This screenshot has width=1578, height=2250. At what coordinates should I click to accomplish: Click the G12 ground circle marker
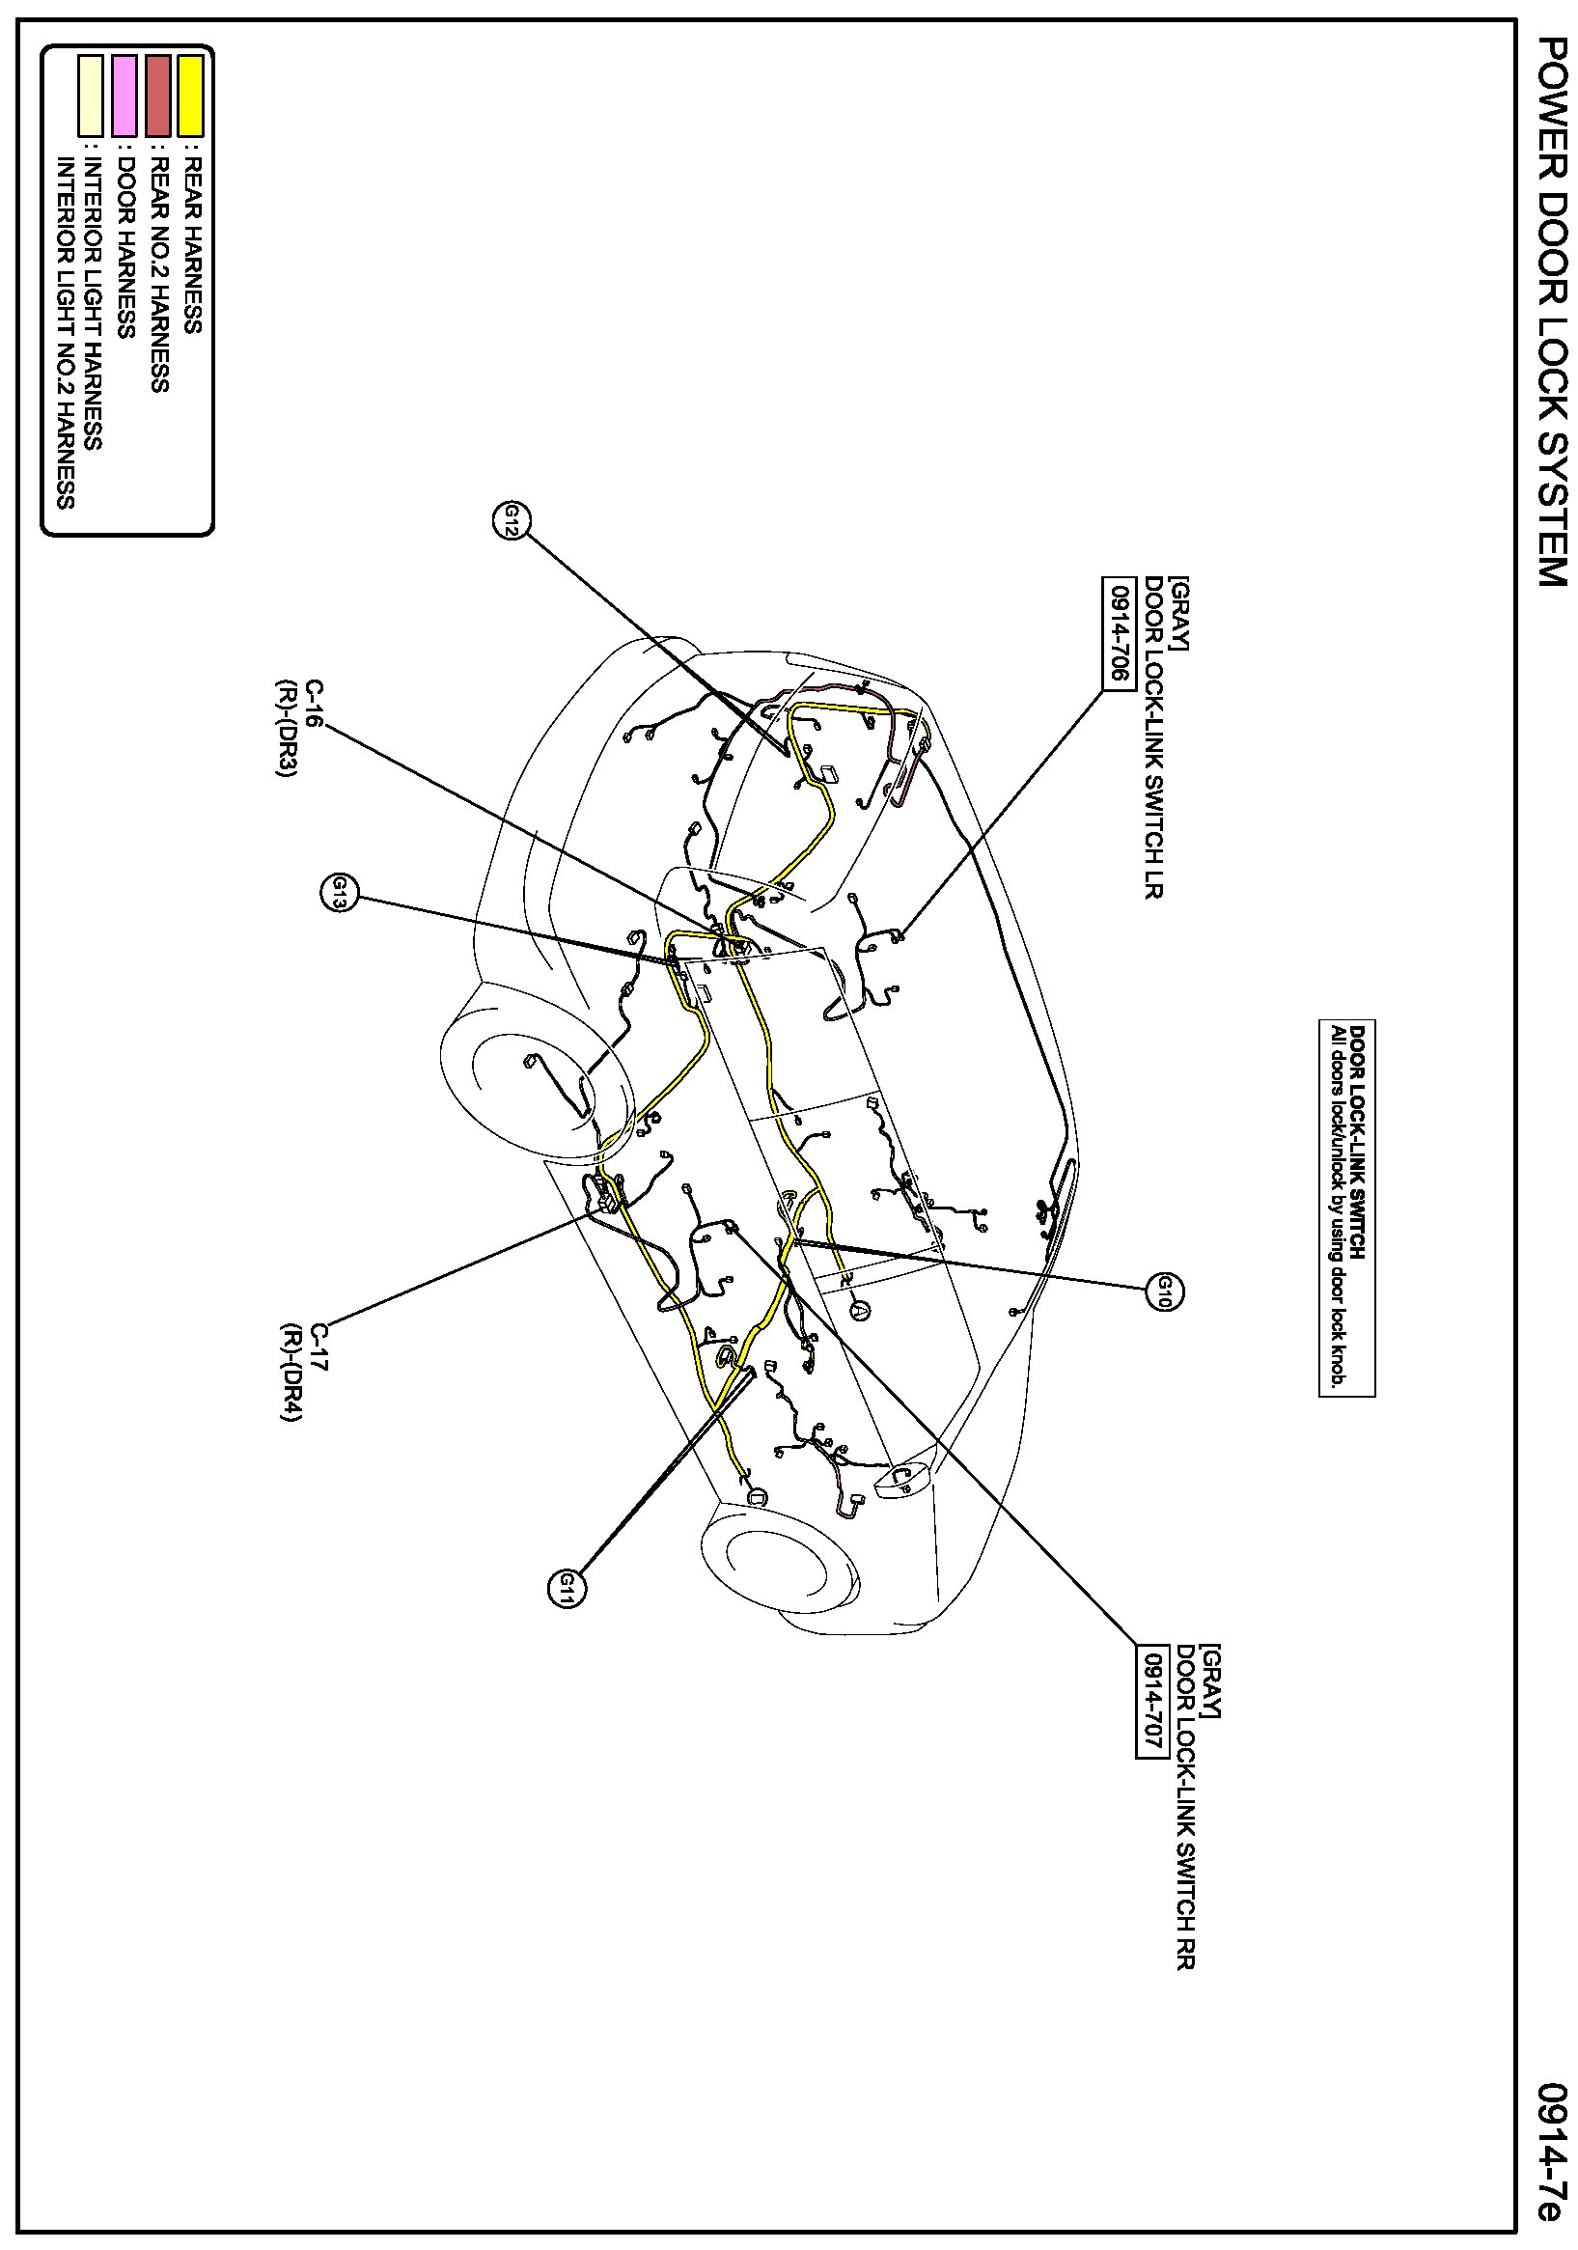(511, 520)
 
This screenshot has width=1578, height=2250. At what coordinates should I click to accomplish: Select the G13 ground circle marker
(339, 894)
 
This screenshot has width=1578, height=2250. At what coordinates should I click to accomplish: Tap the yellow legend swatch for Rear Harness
(190, 95)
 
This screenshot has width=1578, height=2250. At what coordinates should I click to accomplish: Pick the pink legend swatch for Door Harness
(125, 95)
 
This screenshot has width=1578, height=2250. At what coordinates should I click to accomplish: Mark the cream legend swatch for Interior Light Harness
(91, 95)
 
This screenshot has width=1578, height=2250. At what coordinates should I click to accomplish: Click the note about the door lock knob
(1346, 1208)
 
